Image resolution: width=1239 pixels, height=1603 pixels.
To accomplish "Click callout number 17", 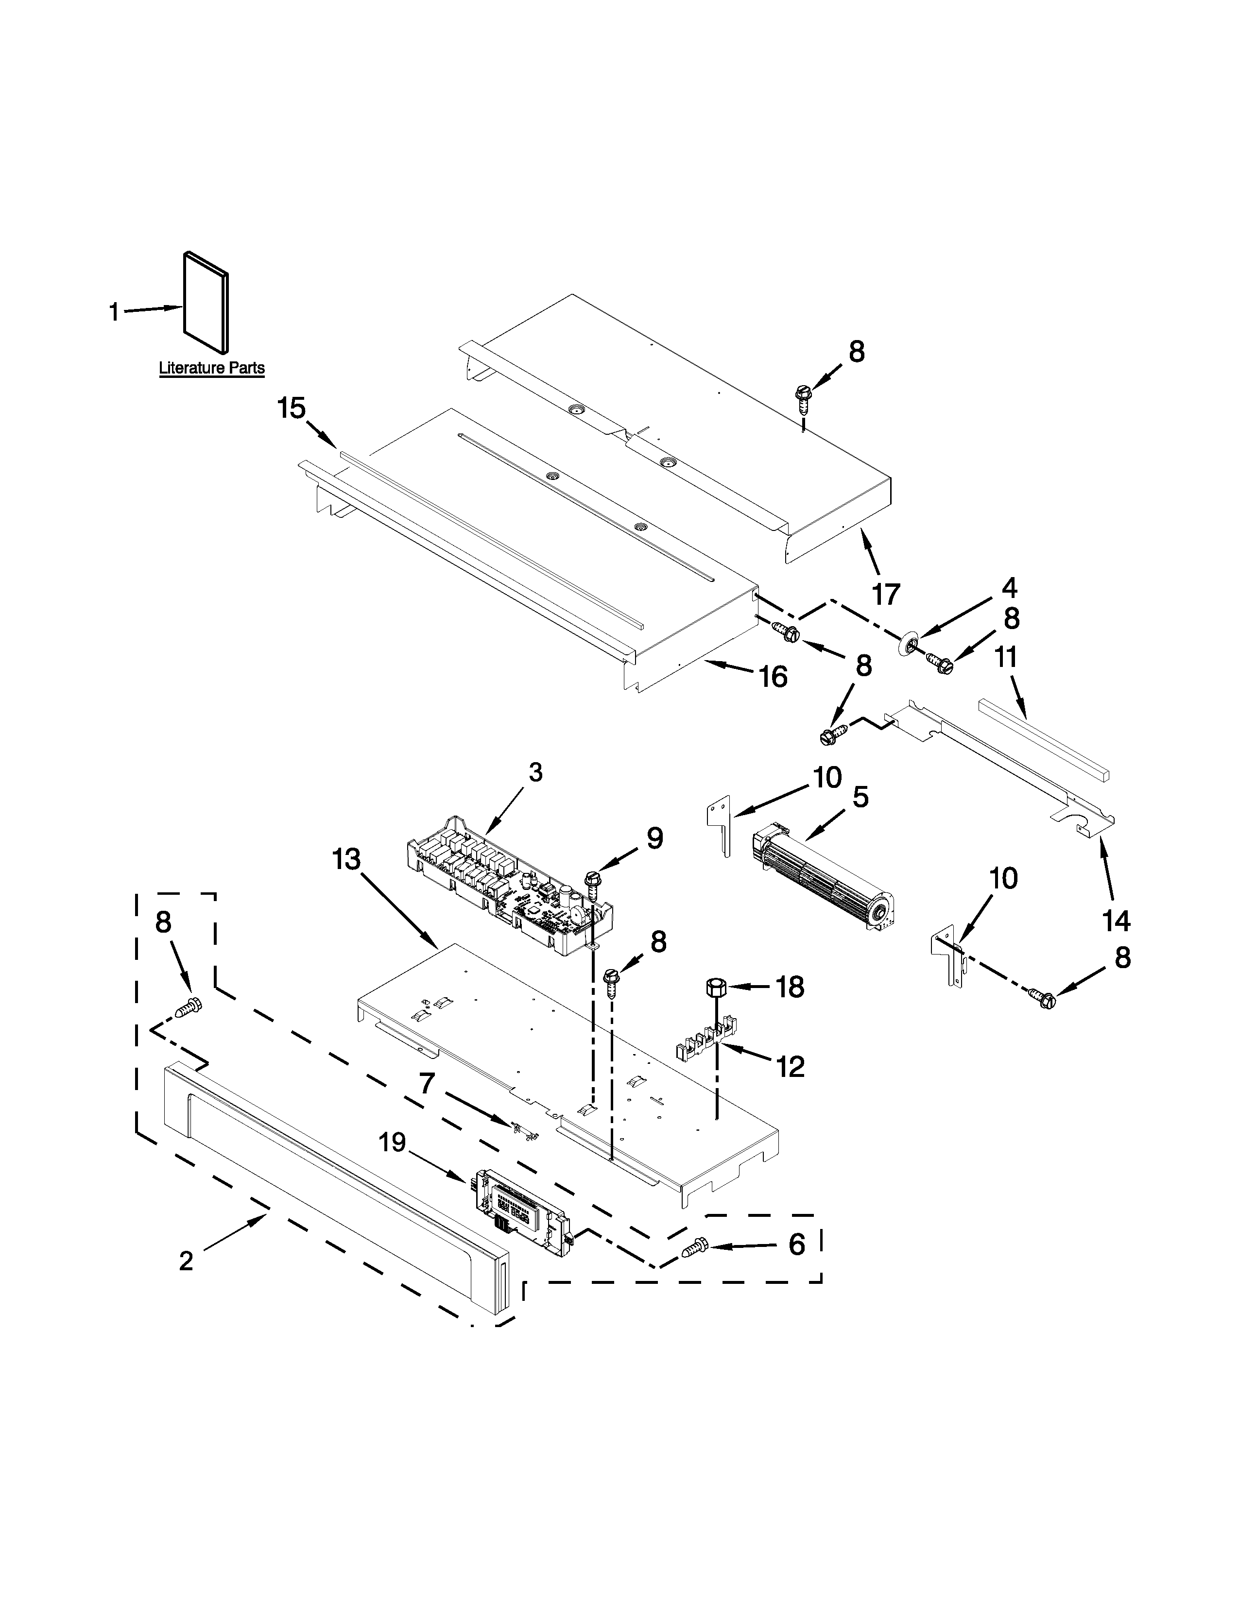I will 886,594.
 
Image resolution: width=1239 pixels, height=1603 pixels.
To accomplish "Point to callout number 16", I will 773,677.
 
